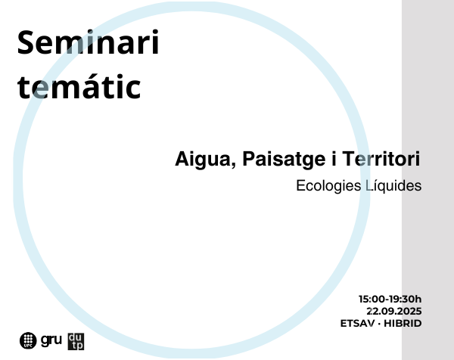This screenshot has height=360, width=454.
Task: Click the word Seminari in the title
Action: pyautogui.click(x=88, y=42)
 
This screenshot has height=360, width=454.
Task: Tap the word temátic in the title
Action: pyautogui.click(x=79, y=86)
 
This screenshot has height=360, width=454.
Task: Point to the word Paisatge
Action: pyautogui.click(x=284, y=160)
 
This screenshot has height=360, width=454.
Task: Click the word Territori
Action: pyautogui.click(x=381, y=159)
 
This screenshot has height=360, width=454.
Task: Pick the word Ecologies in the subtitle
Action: pyautogui.click(x=328, y=186)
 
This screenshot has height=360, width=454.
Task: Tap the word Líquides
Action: pyautogui.click(x=393, y=186)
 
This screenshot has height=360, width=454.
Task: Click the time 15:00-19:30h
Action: pyautogui.click(x=390, y=299)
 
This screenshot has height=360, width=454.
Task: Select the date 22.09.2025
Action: pyautogui.click(x=394, y=311)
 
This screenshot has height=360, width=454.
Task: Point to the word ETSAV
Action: pyautogui.click(x=357, y=323)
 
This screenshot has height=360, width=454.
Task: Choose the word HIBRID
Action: pyautogui.click(x=403, y=323)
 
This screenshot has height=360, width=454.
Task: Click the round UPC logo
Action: pyautogui.click(x=28, y=340)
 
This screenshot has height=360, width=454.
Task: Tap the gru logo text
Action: pyautogui.click(x=51, y=340)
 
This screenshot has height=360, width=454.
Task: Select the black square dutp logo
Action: pyautogui.click(x=76, y=342)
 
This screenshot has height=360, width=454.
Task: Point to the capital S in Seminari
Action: pyautogui.click(x=26, y=42)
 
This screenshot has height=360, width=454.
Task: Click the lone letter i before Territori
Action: pyautogui.click(x=334, y=159)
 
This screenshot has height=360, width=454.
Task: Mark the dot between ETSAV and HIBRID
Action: pyautogui.click(x=379, y=324)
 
